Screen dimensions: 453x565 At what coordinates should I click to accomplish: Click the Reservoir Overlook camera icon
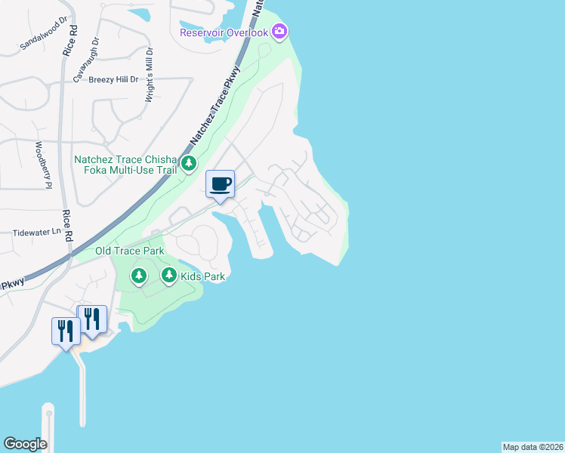click(x=280, y=32)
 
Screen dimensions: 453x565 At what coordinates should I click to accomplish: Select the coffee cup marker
click(x=220, y=184)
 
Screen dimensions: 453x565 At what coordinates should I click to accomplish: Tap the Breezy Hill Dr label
click(x=114, y=79)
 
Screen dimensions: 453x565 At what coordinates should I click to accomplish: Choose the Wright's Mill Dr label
click(x=150, y=75)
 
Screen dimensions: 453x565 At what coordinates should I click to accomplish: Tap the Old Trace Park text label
click(x=129, y=250)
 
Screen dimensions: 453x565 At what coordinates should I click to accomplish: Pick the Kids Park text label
click(x=202, y=276)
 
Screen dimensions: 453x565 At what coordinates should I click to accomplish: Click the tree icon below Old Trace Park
click(x=138, y=276)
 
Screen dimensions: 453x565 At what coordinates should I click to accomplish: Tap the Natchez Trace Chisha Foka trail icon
click(x=188, y=163)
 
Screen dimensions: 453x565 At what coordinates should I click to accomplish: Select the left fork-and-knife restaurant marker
click(x=66, y=330)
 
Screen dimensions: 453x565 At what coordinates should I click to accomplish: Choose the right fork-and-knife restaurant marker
click(x=92, y=319)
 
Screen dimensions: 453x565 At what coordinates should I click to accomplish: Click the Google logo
click(x=25, y=444)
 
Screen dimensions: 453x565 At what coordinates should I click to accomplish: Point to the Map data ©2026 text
click(x=533, y=447)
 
